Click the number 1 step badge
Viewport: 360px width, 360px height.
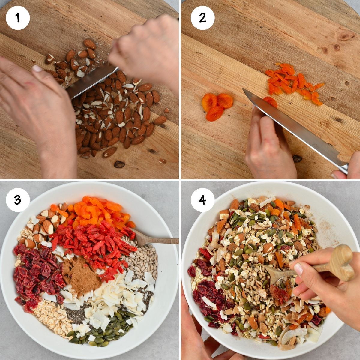18,18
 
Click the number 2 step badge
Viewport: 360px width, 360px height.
202,18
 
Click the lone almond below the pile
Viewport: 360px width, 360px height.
119,164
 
